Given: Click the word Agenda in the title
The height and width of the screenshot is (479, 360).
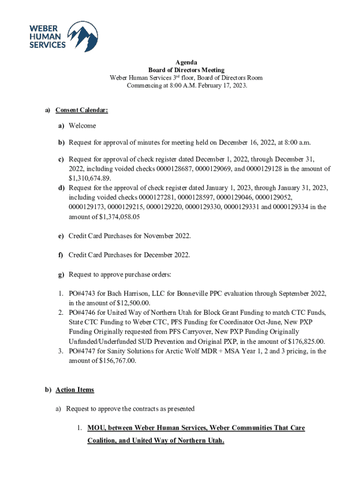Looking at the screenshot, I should [186, 63].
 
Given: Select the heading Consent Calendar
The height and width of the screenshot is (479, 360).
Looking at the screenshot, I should [82, 110].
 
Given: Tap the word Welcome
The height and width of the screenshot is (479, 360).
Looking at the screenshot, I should [82, 126].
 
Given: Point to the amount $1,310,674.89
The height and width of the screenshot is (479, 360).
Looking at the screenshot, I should [90, 178].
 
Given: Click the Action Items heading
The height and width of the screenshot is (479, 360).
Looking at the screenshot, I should [75, 390].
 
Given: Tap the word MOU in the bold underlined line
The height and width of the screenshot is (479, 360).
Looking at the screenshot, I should [97, 428].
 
